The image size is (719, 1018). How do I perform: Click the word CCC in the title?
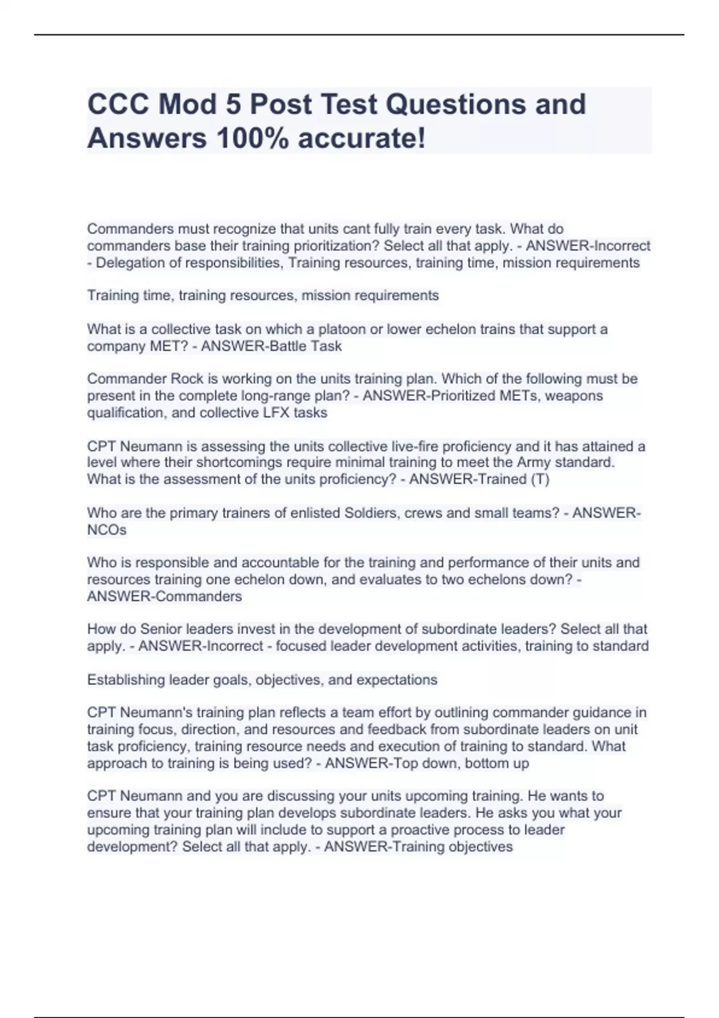coord(117,105)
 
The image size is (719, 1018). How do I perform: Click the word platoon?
coord(340,329)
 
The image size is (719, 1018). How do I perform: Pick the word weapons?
coord(576,396)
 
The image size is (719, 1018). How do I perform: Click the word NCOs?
coord(107,530)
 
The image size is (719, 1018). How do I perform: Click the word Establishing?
coord(126,680)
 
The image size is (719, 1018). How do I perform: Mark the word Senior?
coord(161,629)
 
